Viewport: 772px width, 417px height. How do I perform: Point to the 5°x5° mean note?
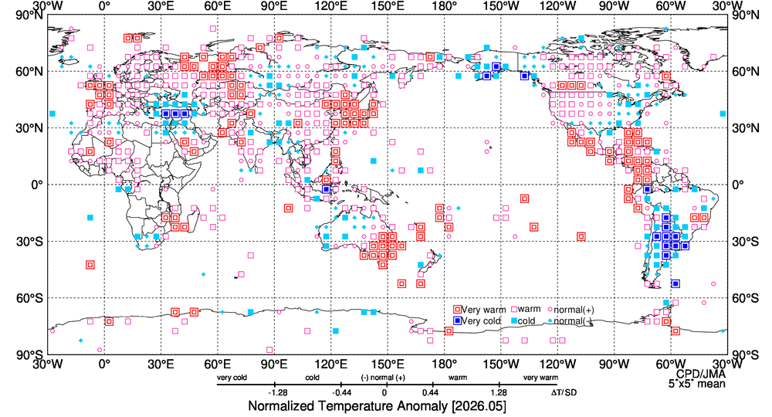tap(696, 384)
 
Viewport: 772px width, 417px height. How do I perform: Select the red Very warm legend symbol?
tap(457, 310)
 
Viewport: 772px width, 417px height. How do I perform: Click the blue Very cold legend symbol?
tap(457, 321)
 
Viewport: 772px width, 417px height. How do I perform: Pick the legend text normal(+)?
tap(574, 310)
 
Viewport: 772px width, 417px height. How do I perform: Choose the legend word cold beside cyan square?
tap(526, 321)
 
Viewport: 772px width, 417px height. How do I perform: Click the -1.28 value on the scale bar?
tap(278, 393)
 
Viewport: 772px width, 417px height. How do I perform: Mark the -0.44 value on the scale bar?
tap(340, 393)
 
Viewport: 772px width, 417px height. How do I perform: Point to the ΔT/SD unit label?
tap(564, 393)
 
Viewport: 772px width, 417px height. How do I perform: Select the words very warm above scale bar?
tap(540, 378)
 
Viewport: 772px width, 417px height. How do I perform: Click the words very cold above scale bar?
tap(232, 378)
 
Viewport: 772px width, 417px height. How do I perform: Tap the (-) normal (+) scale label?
tap(383, 378)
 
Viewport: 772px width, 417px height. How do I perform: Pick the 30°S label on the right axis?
tap(745, 242)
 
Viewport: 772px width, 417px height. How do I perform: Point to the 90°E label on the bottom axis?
tap(274, 364)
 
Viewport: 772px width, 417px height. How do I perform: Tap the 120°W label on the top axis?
tap(558, 6)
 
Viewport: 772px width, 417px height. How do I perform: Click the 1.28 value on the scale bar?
tap(499, 393)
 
